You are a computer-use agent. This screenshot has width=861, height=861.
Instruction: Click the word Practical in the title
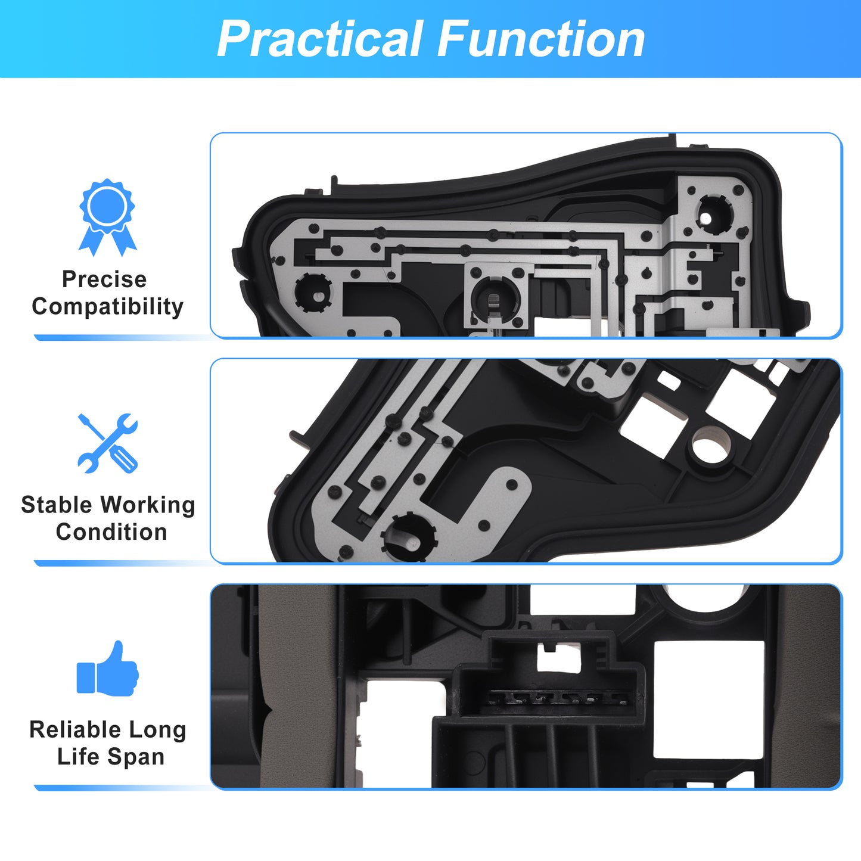click(x=319, y=39)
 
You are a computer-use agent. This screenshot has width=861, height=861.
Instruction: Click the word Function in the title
click(x=540, y=39)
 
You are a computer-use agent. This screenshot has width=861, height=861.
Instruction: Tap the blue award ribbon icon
click(x=107, y=217)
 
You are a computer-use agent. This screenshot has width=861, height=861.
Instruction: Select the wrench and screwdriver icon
click(x=108, y=443)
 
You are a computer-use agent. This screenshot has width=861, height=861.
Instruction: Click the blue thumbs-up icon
click(x=108, y=669)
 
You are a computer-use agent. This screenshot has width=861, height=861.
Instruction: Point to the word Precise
click(x=104, y=279)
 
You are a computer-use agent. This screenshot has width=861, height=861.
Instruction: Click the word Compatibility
click(x=108, y=307)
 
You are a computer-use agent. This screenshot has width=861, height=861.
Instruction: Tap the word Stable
click(x=56, y=505)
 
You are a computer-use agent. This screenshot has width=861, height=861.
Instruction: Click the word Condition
click(x=111, y=532)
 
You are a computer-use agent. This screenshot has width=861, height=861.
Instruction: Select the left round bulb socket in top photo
click(x=313, y=292)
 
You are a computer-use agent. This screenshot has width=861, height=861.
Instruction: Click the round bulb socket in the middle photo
click(x=409, y=538)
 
